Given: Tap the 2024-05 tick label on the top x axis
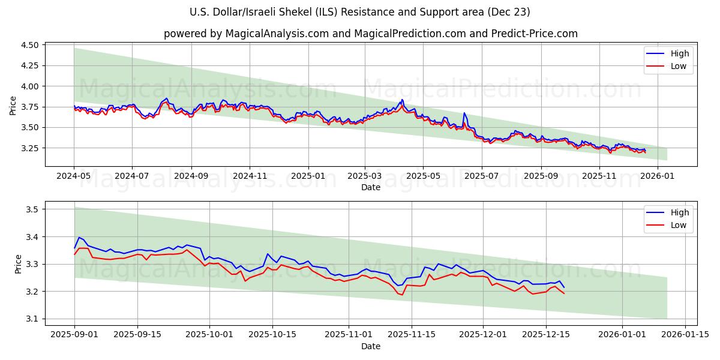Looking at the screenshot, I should tap(74, 176).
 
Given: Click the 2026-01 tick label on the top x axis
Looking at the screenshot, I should tap(658, 176).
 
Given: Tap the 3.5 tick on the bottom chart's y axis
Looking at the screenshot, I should tap(32, 209).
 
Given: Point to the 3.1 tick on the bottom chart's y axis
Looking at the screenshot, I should tap(32, 319).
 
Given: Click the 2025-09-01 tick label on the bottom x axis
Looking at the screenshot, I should tap(74, 335).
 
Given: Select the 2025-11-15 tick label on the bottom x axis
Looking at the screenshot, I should tap(412, 335).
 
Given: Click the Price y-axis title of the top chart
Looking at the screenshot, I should tap(13, 106).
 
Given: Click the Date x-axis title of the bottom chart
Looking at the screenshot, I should tap(370, 346).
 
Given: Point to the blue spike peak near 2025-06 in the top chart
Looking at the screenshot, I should tap(464, 113).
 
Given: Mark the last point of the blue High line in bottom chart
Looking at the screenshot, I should tap(563, 287).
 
